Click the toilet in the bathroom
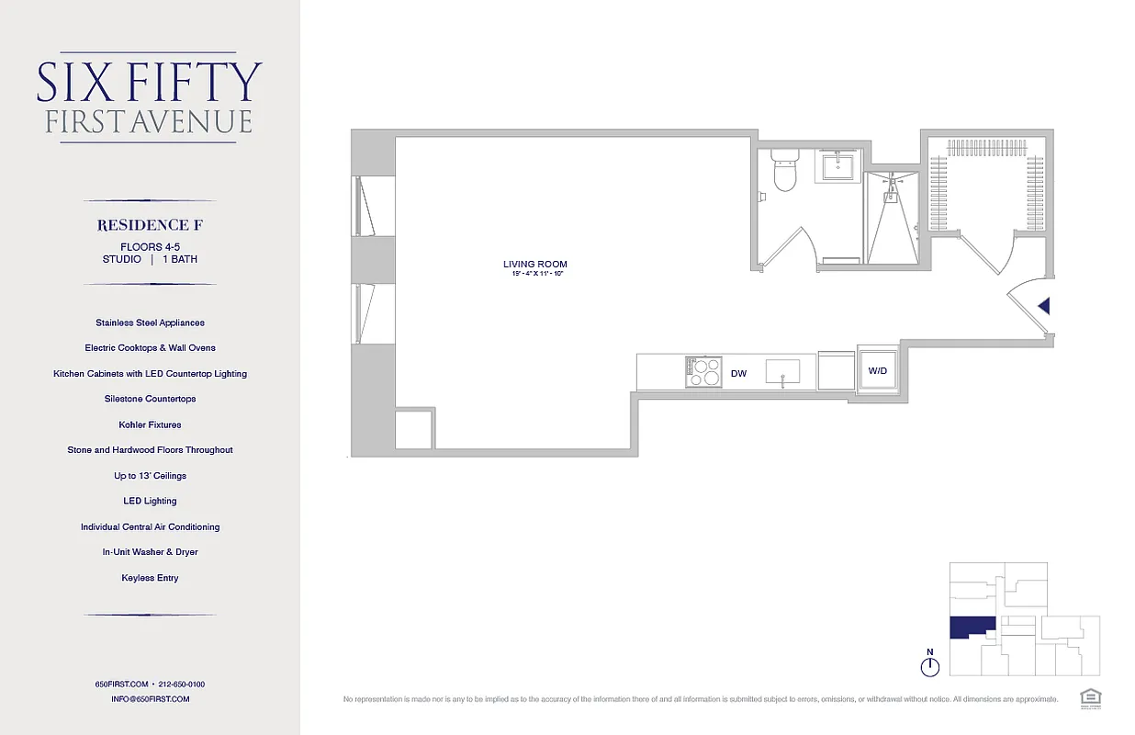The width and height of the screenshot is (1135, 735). tap(784, 172)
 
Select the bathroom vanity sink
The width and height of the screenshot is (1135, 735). tap(837, 167)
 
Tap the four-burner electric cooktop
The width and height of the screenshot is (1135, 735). tap(702, 371)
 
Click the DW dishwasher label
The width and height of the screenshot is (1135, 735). tap(738, 374)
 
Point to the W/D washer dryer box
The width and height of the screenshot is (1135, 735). tap(877, 371)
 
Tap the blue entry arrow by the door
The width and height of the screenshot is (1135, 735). tap(1043, 307)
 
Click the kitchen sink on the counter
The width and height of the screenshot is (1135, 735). tap(782, 371)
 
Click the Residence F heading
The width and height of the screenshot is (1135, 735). tap(150, 225)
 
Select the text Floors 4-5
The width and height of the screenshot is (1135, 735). tap(150, 247)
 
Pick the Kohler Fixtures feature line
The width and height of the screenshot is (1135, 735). tap(150, 424)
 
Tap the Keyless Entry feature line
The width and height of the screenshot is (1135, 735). tap(150, 578)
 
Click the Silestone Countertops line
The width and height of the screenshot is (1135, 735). tap(150, 399)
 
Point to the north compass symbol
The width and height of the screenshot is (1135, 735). tap(930, 663)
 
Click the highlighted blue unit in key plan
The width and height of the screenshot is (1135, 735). tap(971, 628)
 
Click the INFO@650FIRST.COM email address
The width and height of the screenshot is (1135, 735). tap(150, 699)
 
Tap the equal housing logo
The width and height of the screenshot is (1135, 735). tap(1091, 695)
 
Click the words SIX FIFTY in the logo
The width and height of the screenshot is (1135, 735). tap(150, 83)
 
